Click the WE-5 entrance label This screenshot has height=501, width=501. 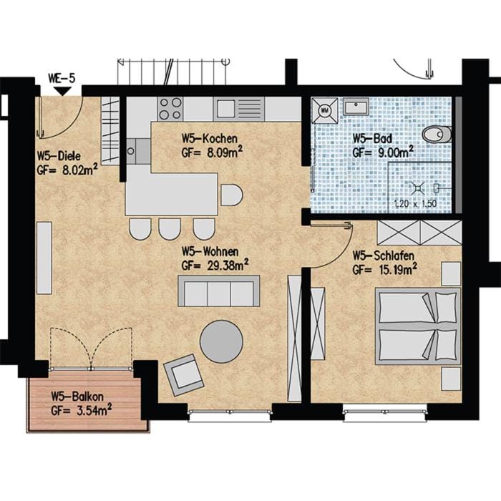62,78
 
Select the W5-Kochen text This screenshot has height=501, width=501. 209,139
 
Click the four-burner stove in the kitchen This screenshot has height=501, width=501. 170,108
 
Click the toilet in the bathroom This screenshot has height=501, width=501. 437,134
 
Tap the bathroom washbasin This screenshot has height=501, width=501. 356,107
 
